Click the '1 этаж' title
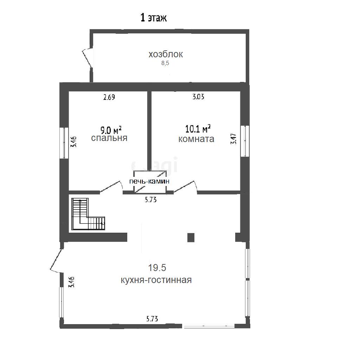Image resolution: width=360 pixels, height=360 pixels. click(x=153, y=18)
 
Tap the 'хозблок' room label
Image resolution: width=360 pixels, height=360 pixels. click(x=166, y=54)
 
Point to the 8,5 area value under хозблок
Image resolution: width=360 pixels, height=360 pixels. click(x=165, y=63)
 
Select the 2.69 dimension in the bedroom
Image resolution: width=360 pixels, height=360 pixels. click(x=109, y=97)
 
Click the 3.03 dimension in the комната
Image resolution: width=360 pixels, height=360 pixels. click(x=198, y=96)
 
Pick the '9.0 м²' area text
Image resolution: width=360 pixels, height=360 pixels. click(x=111, y=130)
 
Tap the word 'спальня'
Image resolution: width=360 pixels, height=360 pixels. click(x=109, y=138)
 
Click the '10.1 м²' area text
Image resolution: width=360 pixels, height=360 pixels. click(x=198, y=129)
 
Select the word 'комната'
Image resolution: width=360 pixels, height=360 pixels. click(x=196, y=139)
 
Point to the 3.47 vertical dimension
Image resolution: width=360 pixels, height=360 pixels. click(x=233, y=139)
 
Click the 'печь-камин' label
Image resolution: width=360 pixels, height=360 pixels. click(x=149, y=181)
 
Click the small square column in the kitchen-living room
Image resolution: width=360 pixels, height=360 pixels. click(x=191, y=237)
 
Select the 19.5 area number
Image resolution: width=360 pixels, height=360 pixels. click(x=157, y=268)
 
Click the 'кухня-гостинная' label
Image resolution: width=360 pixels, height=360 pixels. click(x=156, y=280)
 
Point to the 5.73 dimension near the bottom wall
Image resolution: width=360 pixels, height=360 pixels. click(x=152, y=319)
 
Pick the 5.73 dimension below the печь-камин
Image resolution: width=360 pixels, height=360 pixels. click(x=150, y=200)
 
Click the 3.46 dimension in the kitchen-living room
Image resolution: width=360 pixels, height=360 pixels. click(x=72, y=282)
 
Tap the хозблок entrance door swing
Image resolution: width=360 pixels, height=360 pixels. click(x=88, y=58)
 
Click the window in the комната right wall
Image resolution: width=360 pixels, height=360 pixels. click(x=245, y=141)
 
